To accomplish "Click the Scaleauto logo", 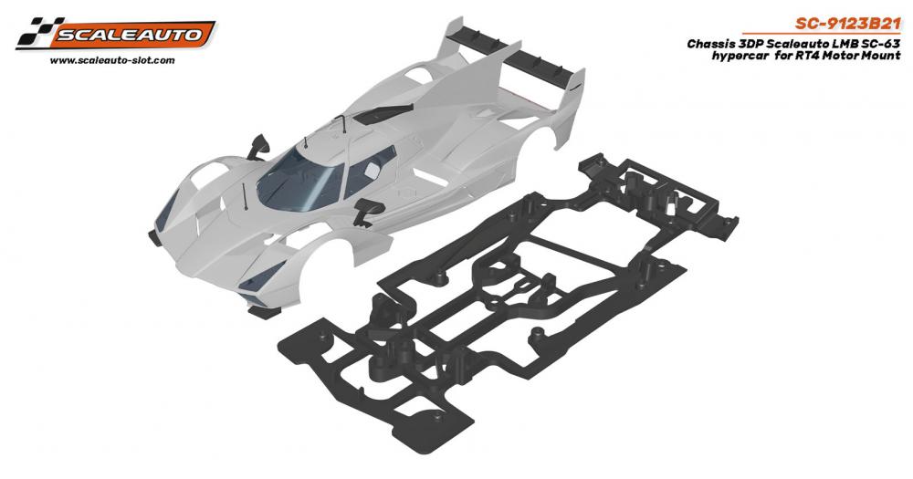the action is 115,34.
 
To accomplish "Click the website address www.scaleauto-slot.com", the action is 112,60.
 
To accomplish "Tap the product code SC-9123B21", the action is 848,24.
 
